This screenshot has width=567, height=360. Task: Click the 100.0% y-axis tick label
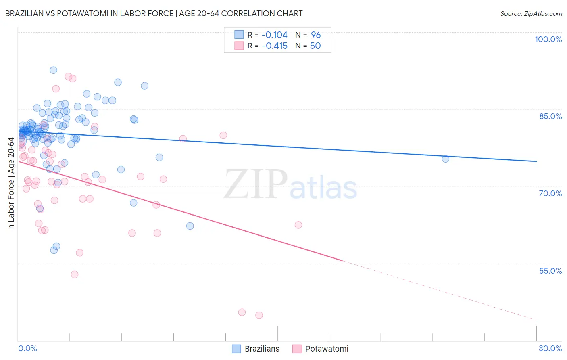pos(548,39)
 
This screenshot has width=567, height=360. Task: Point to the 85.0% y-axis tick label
pos(550,116)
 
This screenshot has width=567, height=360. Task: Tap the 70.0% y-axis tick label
pos(550,193)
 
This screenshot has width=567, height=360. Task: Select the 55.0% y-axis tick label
pos(550,271)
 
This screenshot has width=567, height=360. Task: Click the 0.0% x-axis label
pos(27,348)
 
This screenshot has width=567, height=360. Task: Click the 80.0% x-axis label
pos(550,348)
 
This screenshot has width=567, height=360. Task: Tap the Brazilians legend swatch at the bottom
pos(236,349)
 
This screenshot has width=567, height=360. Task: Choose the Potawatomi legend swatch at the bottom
pos(297,349)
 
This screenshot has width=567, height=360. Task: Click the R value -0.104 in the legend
pos(275,35)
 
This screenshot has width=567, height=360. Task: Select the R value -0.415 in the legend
pos(275,46)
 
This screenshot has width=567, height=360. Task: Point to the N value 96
pos(316,35)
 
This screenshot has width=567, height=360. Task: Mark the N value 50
pos(315,46)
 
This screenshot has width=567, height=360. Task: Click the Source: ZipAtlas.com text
pos(531,14)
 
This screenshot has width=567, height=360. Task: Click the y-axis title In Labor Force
pos(11,184)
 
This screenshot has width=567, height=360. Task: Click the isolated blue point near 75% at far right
pos(446,159)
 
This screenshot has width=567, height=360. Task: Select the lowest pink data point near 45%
pos(259,315)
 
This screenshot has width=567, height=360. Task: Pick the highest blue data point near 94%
pos(53,70)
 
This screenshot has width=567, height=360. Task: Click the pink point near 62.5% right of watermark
pos(298,225)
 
